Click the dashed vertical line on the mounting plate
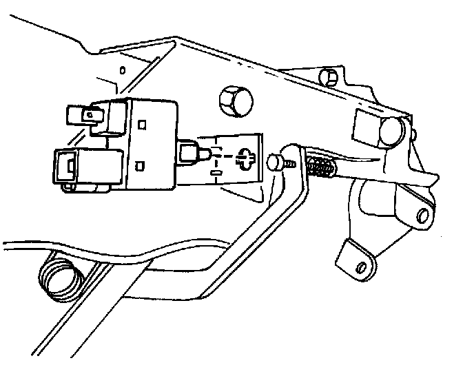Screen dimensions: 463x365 tap(216, 161)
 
